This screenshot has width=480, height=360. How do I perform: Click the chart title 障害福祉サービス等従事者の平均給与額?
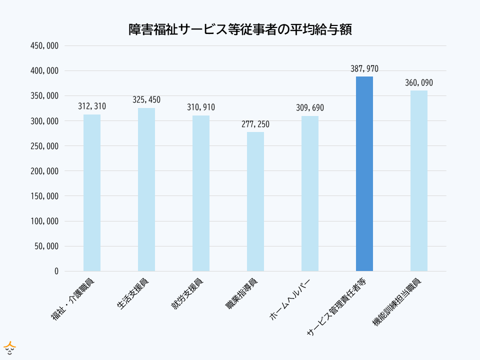(240, 29)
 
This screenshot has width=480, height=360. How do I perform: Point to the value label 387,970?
(364, 68)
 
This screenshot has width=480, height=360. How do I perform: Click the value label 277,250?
(255, 123)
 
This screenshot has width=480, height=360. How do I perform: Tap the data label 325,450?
(146, 99)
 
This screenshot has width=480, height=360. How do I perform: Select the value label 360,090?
(419, 82)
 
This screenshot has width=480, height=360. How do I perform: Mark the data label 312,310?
(92, 106)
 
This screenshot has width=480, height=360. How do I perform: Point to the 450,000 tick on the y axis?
(45, 46)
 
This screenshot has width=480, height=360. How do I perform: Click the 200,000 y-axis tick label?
(45, 171)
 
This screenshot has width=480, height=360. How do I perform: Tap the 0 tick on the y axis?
(56, 271)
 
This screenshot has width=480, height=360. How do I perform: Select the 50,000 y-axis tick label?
(47, 246)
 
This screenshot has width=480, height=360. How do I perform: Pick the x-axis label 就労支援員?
(187, 293)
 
